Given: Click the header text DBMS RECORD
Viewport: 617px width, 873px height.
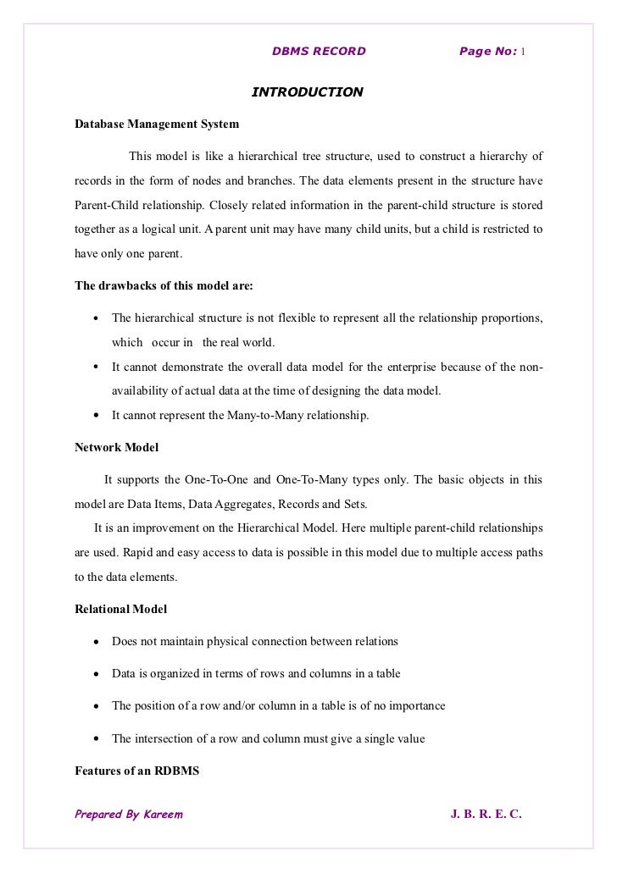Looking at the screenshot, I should click(x=319, y=51).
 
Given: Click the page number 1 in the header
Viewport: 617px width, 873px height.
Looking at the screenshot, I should click(x=522, y=51).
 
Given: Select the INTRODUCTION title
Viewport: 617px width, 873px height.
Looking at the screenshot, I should click(x=308, y=91).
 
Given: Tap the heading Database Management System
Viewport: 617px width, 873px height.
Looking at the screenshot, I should click(x=157, y=124).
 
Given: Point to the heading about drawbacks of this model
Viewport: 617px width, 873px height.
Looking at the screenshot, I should click(x=164, y=285).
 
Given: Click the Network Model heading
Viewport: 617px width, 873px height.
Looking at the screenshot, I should click(x=116, y=446).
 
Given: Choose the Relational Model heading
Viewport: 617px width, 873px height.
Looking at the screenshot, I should click(x=121, y=609).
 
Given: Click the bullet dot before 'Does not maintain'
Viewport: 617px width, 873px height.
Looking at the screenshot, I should click(x=97, y=642).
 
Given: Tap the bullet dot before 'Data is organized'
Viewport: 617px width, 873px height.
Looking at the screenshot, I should click(x=97, y=674).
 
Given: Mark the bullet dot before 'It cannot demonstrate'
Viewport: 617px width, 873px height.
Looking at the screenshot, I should click(x=97, y=367).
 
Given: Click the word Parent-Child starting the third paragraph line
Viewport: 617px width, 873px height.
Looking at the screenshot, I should click(x=108, y=206).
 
